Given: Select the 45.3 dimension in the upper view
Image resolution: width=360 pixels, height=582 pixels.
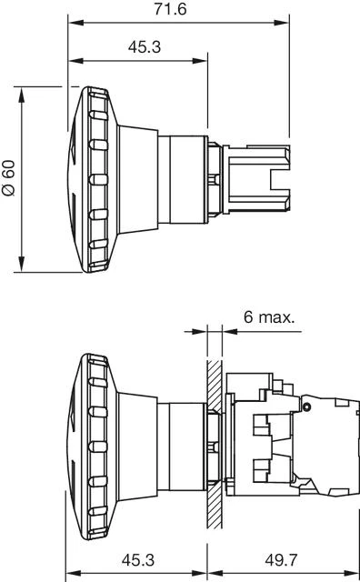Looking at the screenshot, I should tap(138, 47).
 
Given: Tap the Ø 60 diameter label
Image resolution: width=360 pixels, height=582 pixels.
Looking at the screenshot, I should tap(8, 178).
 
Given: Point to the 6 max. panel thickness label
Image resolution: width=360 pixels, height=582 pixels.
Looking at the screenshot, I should tap(268, 317).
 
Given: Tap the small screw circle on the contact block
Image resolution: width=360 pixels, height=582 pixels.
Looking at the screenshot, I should tap(307, 402).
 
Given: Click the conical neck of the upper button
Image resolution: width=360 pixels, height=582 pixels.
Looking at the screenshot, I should tap(136, 177).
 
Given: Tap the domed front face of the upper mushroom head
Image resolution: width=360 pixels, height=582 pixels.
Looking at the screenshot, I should tap(76, 177).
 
